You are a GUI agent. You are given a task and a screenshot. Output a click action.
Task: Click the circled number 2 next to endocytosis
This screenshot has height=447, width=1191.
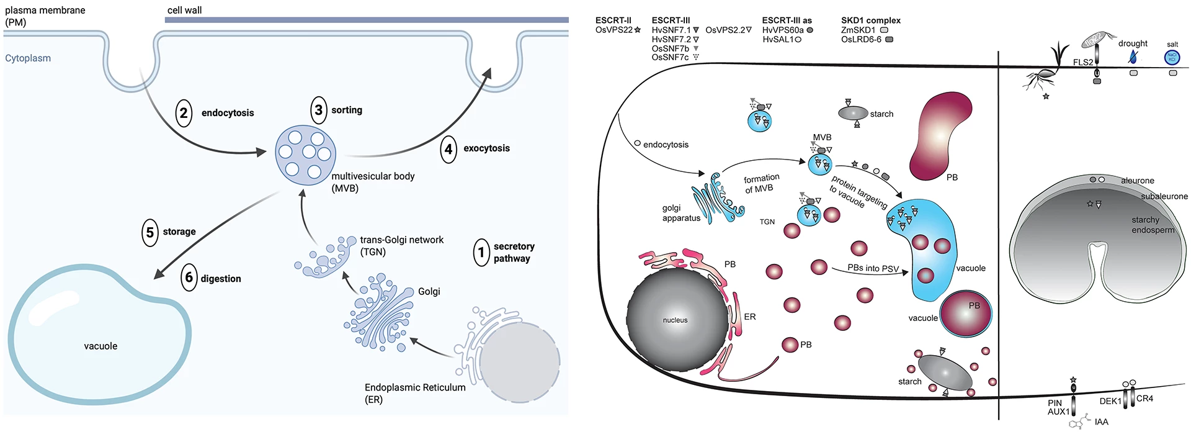click(184, 113)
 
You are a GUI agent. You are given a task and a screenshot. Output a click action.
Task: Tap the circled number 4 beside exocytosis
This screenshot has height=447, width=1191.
click(448, 149)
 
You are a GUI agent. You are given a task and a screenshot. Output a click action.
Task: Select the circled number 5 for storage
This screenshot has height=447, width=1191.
click(150, 232)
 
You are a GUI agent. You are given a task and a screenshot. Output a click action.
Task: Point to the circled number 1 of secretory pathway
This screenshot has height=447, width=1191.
click(481, 253)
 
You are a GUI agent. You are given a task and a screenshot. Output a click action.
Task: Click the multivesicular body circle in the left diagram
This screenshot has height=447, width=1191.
click(305, 155)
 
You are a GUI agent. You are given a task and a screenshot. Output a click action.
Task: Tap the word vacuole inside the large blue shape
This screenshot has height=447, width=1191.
click(100, 346)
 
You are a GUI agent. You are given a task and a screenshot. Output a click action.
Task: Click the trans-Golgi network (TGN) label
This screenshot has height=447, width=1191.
click(401, 246)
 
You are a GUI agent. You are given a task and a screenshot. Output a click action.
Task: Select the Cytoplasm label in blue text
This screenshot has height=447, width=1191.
click(28, 58)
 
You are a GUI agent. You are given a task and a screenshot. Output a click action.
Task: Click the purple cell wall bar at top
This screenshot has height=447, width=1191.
click(366, 20)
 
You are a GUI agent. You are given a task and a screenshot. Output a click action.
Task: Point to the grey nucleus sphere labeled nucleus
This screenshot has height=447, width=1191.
click(676, 320)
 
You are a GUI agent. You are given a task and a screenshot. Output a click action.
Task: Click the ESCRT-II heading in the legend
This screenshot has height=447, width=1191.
click(613, 20)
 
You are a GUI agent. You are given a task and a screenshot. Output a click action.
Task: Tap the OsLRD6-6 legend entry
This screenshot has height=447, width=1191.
click(861, 40)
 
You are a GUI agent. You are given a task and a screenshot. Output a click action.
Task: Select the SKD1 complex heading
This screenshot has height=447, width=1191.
click(870, 20)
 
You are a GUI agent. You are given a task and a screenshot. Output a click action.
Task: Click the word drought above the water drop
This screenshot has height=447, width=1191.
click(1133, 43)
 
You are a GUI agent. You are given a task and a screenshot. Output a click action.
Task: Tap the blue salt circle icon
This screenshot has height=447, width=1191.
click(1172, 58)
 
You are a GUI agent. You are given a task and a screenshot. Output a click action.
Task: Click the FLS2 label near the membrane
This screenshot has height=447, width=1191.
click(1083, 62)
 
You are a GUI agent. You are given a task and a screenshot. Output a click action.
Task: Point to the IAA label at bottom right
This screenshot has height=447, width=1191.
click(1101, 422)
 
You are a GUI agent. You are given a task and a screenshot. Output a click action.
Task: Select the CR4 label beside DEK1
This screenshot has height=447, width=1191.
click(1144, 399)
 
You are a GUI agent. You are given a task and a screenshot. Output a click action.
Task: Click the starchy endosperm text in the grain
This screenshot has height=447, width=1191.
click(1153, 225)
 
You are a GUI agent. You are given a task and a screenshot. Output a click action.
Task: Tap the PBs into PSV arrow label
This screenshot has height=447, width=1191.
click(873, 268)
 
